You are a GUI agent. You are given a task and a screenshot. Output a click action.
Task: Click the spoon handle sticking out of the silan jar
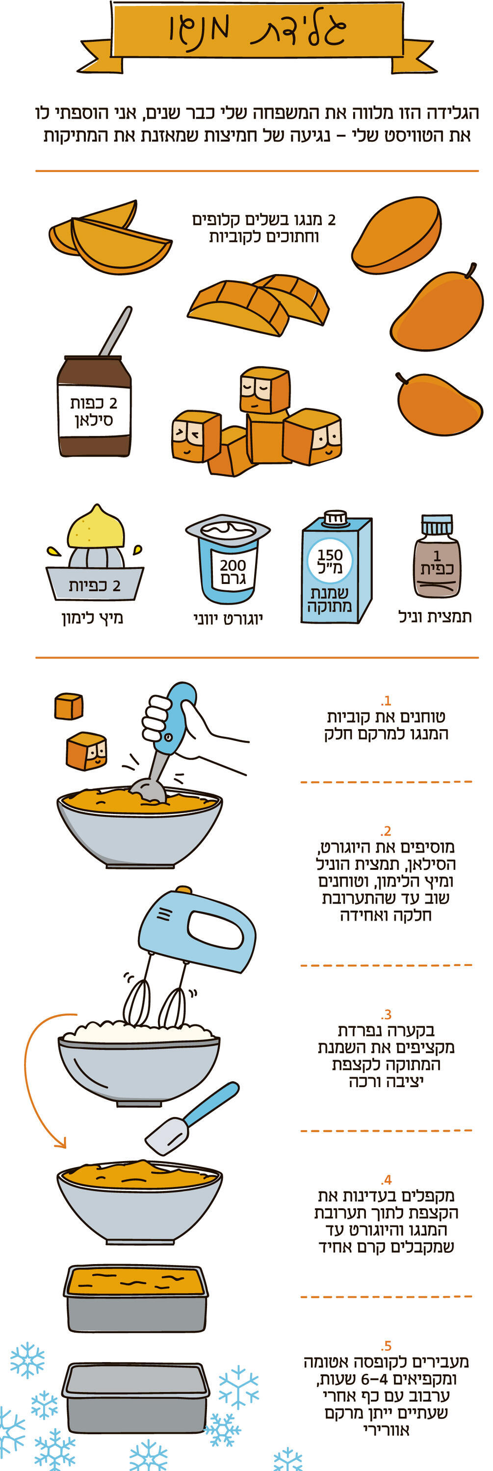pyautogui.click(x=116, y=331)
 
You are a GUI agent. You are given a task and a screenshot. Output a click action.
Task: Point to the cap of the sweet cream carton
pyautogui.click(x=336, y=517)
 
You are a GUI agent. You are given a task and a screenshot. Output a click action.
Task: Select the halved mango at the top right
pyautogui.click(x=398, y=235)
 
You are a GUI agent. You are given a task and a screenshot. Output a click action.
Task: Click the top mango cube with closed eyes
pyautogui.click(x=264, y=389)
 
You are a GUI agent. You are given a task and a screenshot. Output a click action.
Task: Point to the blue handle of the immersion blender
pyautogui.click(x=174, y=717)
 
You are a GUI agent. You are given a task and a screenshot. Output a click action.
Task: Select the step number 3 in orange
pyautogui.click(x=387, y=1014)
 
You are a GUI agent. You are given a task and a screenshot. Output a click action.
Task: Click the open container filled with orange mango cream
pyautogui.click(x=135, y=1297)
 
